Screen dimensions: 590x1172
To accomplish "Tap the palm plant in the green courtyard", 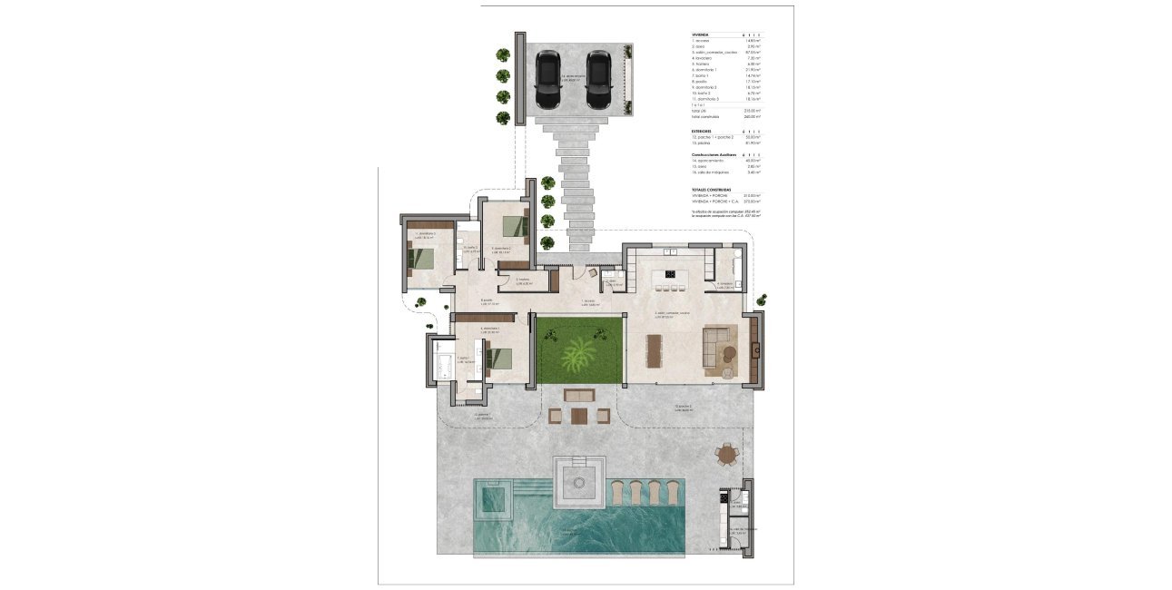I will (x=577, y=354).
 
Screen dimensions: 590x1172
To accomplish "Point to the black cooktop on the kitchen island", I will (x=671, y=273).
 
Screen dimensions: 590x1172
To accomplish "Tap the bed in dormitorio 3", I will (x=421, y=255).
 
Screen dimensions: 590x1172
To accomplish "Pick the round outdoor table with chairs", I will (x=726, y=454).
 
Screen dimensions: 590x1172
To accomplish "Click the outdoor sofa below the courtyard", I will (x=578, y=395).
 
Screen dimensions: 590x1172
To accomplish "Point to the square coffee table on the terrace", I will (x=579, y=416).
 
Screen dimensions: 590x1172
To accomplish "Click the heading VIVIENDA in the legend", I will (x=700, y=34).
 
